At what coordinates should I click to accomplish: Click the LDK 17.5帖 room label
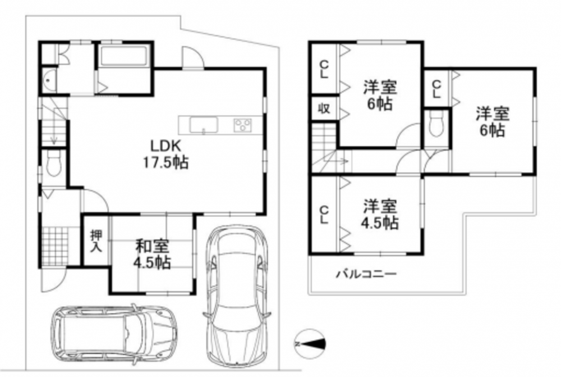[165, 155]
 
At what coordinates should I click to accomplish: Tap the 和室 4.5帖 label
[152, 255]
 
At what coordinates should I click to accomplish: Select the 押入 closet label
[96, 241]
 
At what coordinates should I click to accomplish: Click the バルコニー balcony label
[366, 275]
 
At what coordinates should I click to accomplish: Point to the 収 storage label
[324, 108]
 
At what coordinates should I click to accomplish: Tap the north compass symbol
[310, 344]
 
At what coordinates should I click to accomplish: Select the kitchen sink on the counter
[204, 125]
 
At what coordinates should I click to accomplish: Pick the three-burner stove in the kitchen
[243, 125]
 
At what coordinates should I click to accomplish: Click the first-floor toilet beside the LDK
[54, 163]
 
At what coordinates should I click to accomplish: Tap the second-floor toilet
[436, 124]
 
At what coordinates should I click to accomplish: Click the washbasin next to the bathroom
[49, 80]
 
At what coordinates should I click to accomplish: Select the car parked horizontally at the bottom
[114, 334]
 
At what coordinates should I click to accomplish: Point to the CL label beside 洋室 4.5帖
[324, 214]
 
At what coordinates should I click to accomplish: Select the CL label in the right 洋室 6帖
[436, 89]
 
